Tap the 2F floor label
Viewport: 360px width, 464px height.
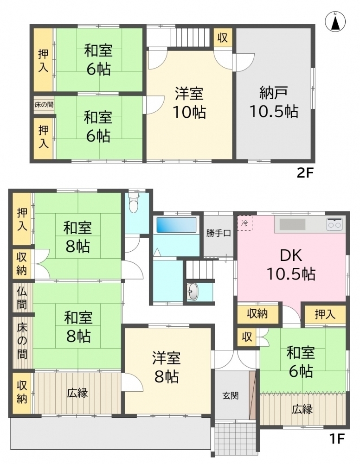tap(306, 173)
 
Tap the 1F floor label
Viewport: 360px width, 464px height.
tap(338, 438)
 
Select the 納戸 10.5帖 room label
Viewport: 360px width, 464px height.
tap(273, 102)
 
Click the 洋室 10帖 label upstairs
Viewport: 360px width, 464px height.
tap(189, 102)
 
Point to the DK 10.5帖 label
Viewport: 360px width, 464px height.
tap(291, 265)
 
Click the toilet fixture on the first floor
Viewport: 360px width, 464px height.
tap(134, 204)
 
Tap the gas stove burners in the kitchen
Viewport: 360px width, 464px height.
tap(334, 224)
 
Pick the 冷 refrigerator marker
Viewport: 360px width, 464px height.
tap(245, 223)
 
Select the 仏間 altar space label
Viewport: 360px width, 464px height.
tap(22, 298)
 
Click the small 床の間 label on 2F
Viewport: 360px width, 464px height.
tap(43, 105)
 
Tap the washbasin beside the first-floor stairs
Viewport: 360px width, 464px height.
tap(193, 292)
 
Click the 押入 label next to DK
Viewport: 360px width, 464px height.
tap(325, 315)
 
